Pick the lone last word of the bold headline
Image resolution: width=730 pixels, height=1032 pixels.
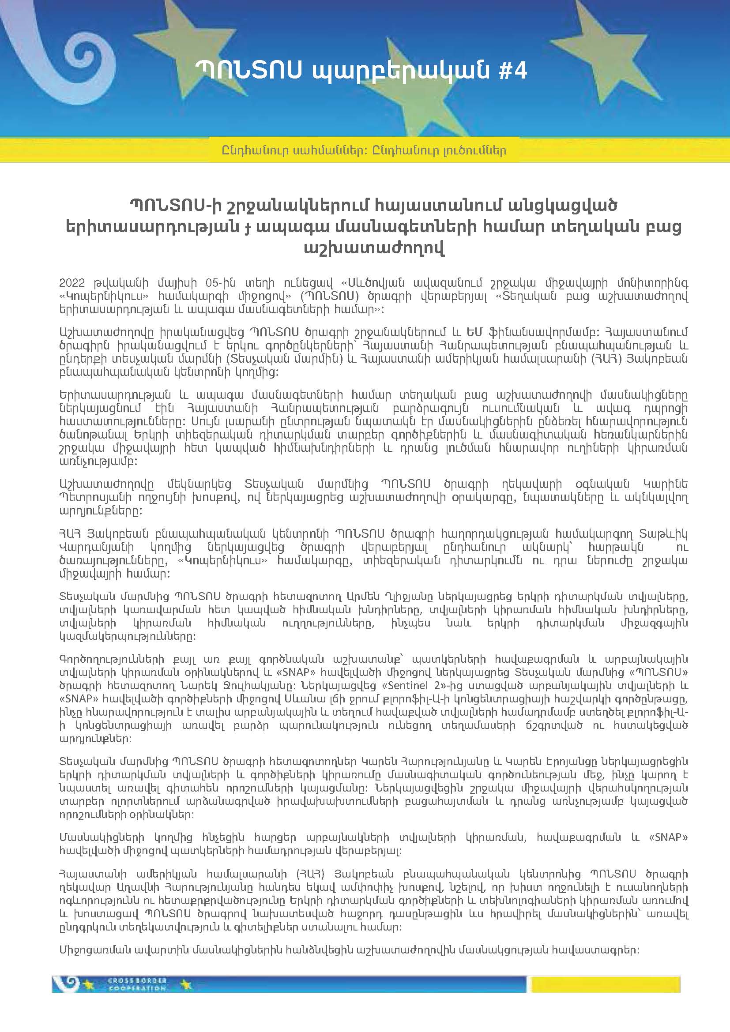[x=373, y=248]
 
